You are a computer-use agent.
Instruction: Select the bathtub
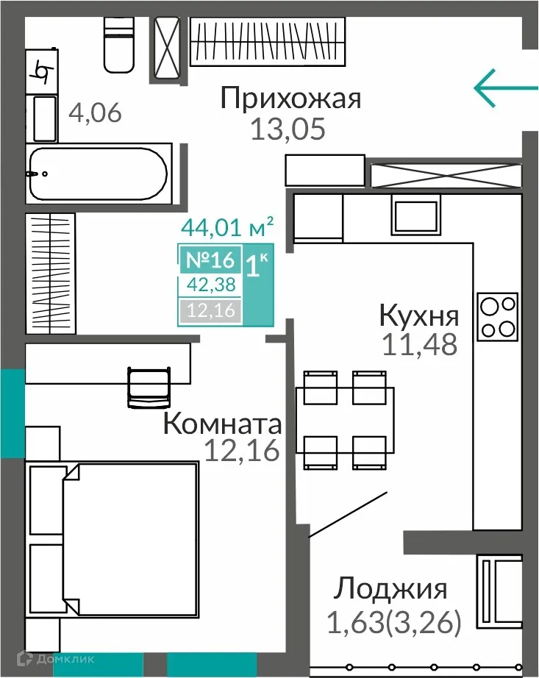98,174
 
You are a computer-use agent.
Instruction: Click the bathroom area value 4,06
95,114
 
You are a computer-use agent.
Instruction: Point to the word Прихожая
291,99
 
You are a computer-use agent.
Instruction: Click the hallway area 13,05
287,130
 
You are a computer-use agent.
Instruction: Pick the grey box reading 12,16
210,311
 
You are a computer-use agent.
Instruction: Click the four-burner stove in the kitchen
498,317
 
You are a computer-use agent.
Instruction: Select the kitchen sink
416,215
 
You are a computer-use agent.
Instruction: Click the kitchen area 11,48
419,343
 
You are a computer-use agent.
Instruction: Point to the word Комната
222,424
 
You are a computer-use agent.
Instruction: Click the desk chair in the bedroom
149,386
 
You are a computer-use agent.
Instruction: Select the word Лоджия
391,589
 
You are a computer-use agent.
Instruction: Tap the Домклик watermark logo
51,659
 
